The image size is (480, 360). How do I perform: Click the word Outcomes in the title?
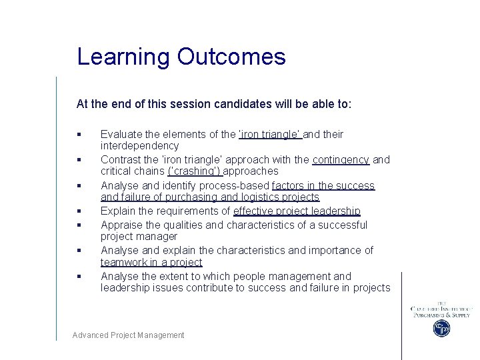(x=231, y=57)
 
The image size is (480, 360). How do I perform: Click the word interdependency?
(x=139, y=145)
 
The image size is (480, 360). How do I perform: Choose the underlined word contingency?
(x=341, y=159)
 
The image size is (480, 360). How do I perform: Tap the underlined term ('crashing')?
(x=194, y=171)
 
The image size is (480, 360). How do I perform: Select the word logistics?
(x=257, y=197)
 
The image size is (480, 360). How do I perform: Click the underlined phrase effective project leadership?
(x=297, y=211)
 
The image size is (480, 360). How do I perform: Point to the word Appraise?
(x=121, y=225)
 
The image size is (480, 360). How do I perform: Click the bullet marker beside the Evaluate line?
(x=79, y=135)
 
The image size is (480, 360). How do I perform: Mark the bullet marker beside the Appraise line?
(x=79, y=225)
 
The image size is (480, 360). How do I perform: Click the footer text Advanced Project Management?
(x=129, y=335)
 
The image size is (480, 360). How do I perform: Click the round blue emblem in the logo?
(x=441, y=328)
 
